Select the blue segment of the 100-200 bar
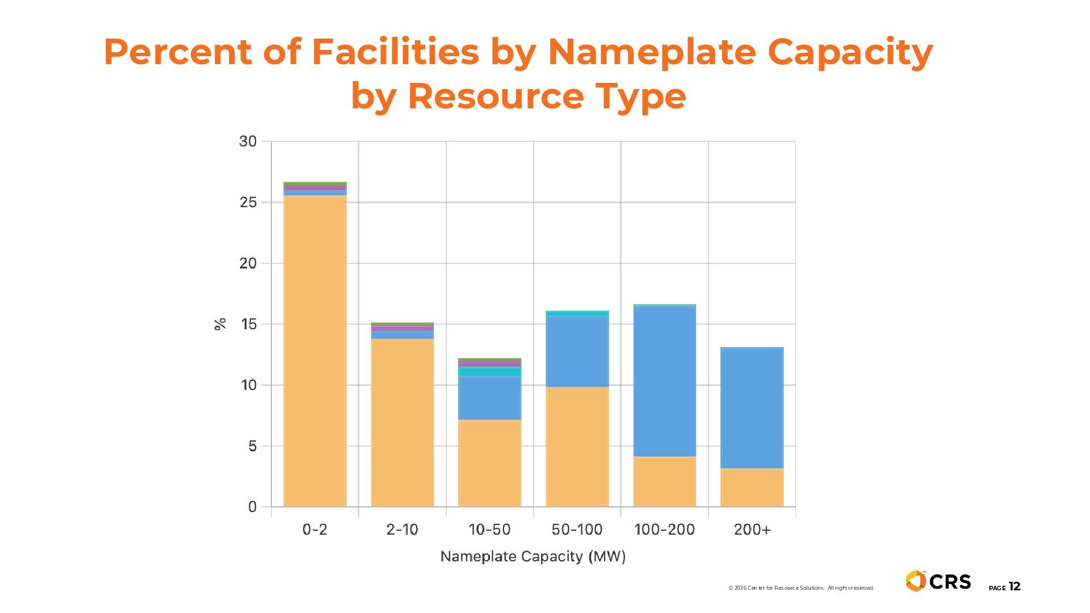tap(664, 381)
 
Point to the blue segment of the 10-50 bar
tap(489, 398)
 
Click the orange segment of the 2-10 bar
tap(402, 422)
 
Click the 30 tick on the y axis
tap(248, 141)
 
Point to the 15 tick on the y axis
tap(248, 324)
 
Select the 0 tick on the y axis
tap(252, 507)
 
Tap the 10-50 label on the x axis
tap(489, 530)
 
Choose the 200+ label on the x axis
tap(752, 530)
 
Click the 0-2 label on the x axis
tap(315, 530)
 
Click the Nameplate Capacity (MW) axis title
tap(533, 556)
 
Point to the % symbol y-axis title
tap(220, 324)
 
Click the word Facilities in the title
tap(395, 52)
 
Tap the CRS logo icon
tap(915, 581)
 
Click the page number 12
tap(1014, 587)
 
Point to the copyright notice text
tap(801, 588)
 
